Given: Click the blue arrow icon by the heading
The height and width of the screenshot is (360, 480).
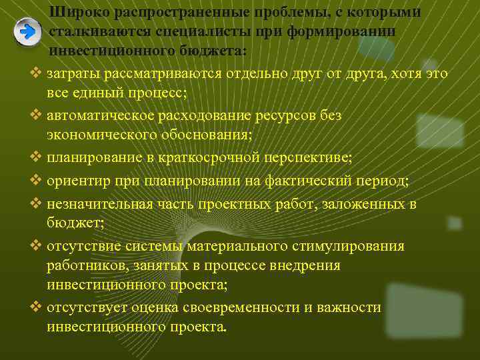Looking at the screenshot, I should (x=27, y=33).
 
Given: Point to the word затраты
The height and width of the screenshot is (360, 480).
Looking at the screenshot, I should (x=71, y=73).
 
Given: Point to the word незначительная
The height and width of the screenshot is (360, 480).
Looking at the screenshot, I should (x=91, y=203).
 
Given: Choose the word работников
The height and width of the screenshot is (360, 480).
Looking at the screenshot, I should (x=83, y=265).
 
